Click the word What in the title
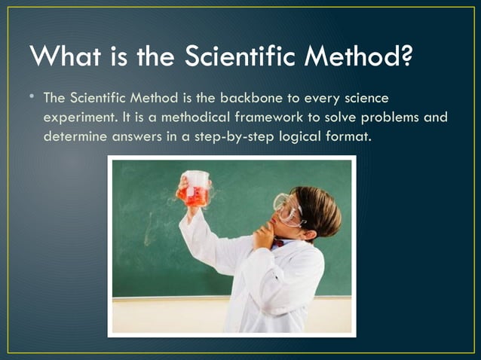coord(63,56)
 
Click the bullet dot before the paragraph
coord(33,98)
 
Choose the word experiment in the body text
coord(78,118)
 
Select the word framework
coord(277,118)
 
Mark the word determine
coord(73,138)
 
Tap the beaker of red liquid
coord(195,189)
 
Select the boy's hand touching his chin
coord(264,235)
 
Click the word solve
coord(346,118)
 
